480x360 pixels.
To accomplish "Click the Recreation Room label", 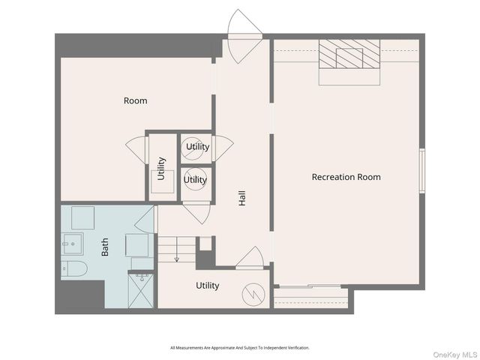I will tap(346, 177).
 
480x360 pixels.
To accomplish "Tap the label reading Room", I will tap(135, 100).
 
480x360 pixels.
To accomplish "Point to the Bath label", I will tap(104, 247).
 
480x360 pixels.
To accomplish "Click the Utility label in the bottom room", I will tap(207, 286).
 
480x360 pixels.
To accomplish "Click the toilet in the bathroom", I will tap(74, 269).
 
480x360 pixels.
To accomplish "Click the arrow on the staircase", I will tap(177, 257).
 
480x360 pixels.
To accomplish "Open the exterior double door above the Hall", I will tap(244, 36).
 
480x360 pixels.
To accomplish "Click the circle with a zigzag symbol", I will tap(254, 292).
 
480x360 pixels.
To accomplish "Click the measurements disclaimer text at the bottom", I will tap(239, 348).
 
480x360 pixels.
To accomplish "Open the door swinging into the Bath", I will tap(144, 217).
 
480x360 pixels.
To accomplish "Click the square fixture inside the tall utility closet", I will tap(161, 177).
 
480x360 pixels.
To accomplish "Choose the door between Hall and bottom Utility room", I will tap(248, 259).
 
